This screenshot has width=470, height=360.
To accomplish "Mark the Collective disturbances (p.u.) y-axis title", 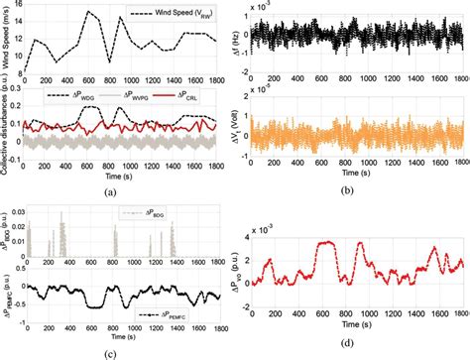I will point(7,139).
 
